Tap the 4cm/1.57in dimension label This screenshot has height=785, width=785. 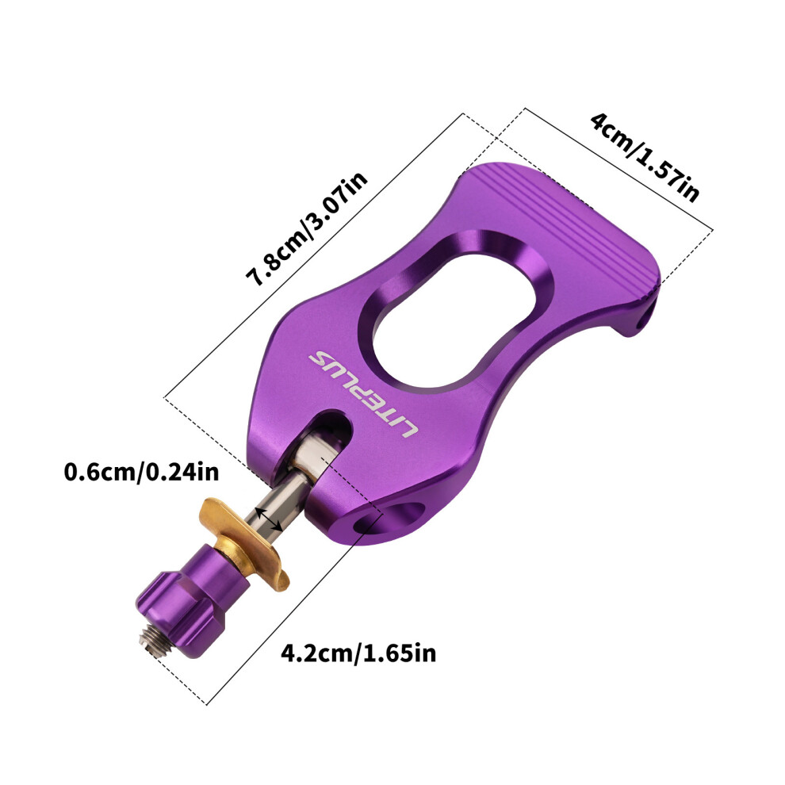click(645, 157)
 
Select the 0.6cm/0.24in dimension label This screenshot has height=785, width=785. click(141, 472)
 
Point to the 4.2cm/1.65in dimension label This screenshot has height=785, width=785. click(358, 653)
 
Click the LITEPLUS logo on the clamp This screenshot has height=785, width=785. click(362, 395)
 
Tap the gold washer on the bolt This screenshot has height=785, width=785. click(244, 543)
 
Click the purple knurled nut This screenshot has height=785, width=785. click(193, 599)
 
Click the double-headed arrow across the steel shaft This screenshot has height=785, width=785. click(268, 519)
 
